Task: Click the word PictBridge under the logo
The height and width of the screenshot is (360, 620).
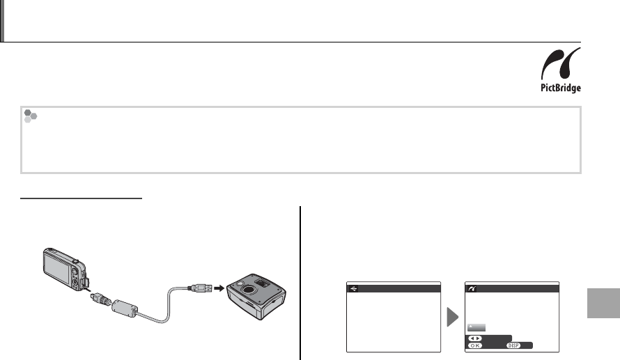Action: pos(561,88)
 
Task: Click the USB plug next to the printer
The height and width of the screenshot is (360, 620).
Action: pos(198,286)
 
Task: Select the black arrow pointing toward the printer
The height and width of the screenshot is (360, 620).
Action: pos(218,286)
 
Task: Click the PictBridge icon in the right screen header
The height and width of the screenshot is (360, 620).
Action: pos(474,288)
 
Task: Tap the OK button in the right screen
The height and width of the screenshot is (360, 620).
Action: pos(477,345)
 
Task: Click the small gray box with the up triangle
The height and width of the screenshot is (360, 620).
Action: pos(477,327)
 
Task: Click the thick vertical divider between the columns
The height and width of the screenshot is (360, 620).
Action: pos(302,282)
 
